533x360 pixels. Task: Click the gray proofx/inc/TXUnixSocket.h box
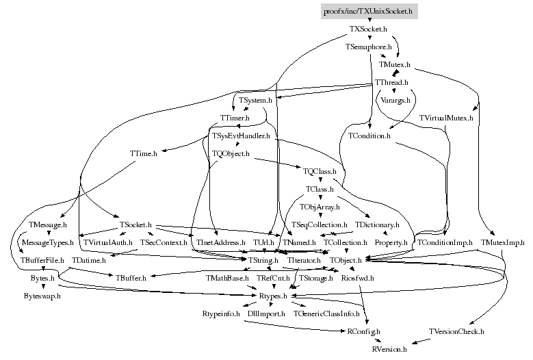368,12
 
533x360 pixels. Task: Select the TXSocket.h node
369,29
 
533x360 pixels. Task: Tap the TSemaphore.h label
369,47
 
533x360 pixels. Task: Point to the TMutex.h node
395,65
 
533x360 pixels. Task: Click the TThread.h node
391,83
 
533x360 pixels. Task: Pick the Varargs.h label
395,101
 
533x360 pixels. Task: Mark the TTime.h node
143,154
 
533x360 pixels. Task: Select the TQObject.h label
231,154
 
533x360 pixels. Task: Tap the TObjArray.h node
319,206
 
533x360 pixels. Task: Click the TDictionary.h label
377,224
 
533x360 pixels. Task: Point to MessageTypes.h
47,243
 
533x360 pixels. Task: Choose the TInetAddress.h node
221,243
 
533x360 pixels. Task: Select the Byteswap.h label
42,296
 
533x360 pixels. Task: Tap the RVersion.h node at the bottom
389,349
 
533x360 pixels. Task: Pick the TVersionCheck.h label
456,331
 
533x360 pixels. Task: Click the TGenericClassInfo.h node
327,313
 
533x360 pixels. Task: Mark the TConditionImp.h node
445,243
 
